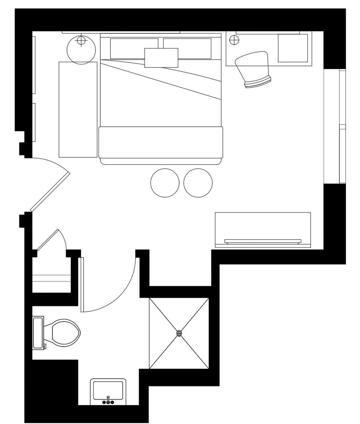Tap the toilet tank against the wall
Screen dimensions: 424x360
pyautogui.click(x=38, y=332)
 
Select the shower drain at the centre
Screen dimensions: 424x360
pyautogui.click(x=179, y=333)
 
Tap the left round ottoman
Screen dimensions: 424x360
pyautogui.click(x=165, y=183)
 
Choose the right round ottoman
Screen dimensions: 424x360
pyautogui.click(x=198, y=183)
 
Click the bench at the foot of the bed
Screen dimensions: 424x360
pyautogui.click(x=160, y=143)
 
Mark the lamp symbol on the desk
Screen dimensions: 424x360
pyautogui.click(x=234, y=39)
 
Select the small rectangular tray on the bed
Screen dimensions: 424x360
pyautogui.click(x=161, y=58)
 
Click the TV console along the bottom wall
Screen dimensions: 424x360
pyautogui.click(x=262, y=225)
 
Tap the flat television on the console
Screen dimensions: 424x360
pyautogui.click(x=262, y=241)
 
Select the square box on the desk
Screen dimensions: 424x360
pyautogui.click(x=292, y=48)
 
